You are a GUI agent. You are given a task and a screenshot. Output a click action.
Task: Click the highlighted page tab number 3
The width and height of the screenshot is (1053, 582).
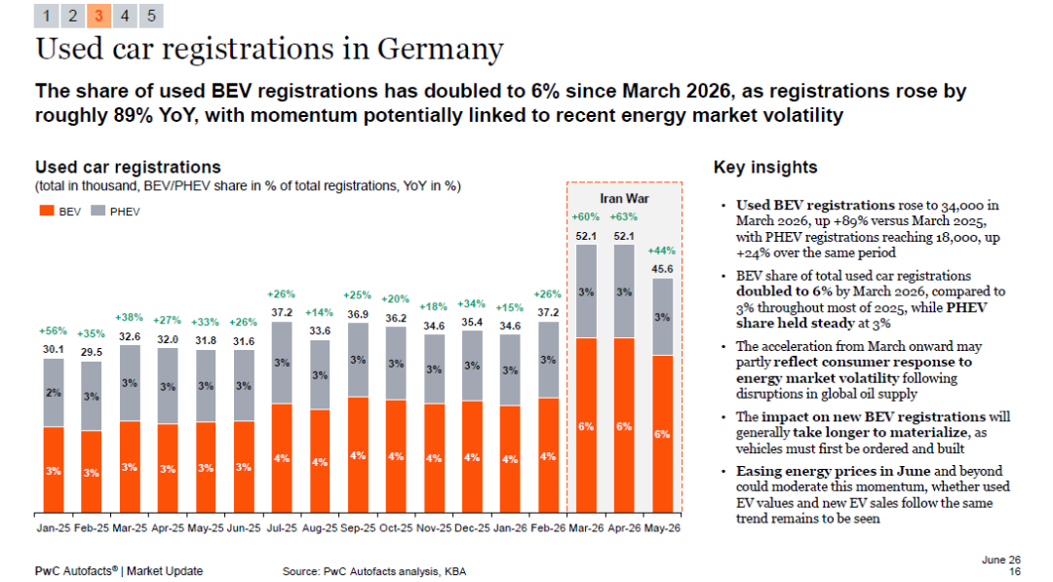coord(98,17)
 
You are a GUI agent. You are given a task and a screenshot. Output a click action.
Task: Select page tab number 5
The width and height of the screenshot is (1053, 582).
coord(151,17)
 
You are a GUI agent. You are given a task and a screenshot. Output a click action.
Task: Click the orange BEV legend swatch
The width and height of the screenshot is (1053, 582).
coord(47,211)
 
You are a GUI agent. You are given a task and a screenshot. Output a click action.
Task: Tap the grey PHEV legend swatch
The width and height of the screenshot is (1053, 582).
coord(98,211)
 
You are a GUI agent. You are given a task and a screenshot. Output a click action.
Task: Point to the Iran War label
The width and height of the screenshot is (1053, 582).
coord(624,199)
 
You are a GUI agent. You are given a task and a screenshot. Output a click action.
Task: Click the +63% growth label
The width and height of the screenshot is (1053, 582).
coord(624,216)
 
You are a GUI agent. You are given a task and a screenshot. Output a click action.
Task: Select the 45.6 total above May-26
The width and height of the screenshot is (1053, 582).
coord(662,269)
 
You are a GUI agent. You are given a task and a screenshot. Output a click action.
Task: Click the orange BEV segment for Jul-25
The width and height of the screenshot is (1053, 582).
coord(282,458)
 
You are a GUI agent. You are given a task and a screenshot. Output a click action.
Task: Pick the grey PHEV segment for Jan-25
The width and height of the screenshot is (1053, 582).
coord(54,393)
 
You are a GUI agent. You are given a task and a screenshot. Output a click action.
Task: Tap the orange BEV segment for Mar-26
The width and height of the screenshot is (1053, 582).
coord(586,426)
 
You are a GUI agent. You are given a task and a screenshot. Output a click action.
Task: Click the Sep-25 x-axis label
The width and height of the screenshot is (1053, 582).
coord(358,528)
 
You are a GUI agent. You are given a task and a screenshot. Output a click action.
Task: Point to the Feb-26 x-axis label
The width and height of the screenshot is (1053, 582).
coord(548,528)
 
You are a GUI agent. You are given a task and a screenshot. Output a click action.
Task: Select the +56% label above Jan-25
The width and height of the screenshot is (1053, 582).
coord(53,330)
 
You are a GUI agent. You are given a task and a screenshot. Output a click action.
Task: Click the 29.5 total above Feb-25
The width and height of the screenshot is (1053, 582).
coord(92,352)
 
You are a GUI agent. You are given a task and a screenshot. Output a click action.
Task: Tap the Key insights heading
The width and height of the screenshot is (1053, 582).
coord(765,167)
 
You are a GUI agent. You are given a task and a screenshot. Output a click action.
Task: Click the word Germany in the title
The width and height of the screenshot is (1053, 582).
coord(440,49)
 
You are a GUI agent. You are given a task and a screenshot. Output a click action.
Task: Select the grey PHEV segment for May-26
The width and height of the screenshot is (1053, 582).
coord(662,317)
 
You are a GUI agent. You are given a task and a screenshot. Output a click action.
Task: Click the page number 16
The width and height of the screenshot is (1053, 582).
coord(1015,571)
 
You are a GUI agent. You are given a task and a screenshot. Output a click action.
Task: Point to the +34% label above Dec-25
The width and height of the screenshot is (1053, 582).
coord(472,304)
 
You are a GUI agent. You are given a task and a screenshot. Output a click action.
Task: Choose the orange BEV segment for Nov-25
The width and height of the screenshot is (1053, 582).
coord(434,458)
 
